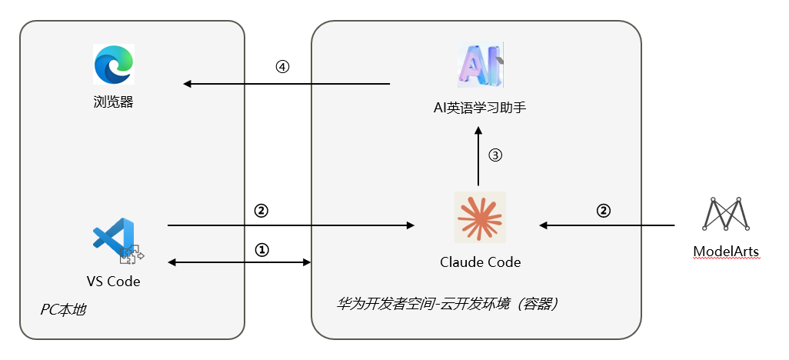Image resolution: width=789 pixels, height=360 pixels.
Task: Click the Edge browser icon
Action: tap(114, 64)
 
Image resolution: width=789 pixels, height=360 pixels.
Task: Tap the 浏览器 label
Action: tap(114, 102)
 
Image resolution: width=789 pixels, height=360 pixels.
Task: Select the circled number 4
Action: tap(282, 67)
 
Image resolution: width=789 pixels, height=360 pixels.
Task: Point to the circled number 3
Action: tap(495, 155)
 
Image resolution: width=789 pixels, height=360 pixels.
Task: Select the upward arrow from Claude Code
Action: tap(478, 158)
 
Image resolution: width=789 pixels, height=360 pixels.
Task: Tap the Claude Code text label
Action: tap(480, 262)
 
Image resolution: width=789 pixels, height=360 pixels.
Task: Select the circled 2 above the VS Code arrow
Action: tap(260, 210)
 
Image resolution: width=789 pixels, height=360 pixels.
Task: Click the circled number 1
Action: tap(262, 250)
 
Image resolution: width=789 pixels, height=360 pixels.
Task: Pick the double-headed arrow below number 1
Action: tap(239, 263)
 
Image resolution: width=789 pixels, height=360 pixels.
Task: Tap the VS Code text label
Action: tap(114, 282)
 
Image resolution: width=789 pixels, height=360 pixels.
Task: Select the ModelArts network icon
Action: tap(726, 215)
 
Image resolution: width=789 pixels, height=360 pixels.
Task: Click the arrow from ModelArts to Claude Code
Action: tap(607, 225)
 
